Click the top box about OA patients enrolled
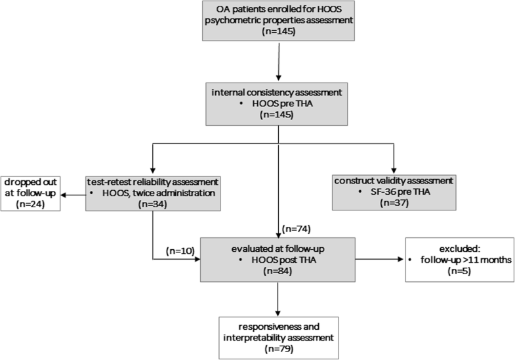pos(279,26)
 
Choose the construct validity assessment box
pos(394,191)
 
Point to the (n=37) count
pos(394,204)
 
